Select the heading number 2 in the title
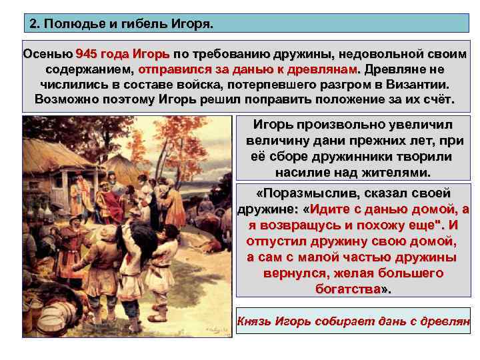tap(35, 25)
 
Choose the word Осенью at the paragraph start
tap(47, 53)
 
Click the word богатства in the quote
tap(350, 289)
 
